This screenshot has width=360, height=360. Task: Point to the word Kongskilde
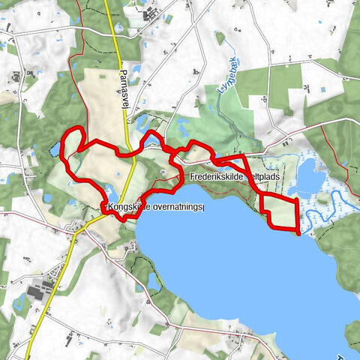(127, 207)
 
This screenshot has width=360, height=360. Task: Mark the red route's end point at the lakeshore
(299, 233)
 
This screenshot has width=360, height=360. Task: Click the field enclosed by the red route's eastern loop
(280, 211)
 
